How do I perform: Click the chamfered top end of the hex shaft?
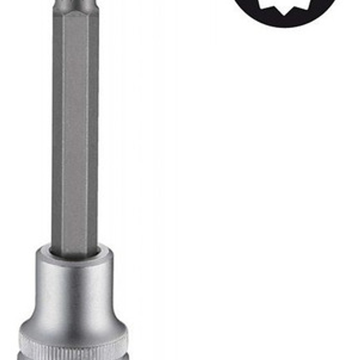[x=75, y=8]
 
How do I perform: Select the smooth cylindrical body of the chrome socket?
[x=75, y=289]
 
